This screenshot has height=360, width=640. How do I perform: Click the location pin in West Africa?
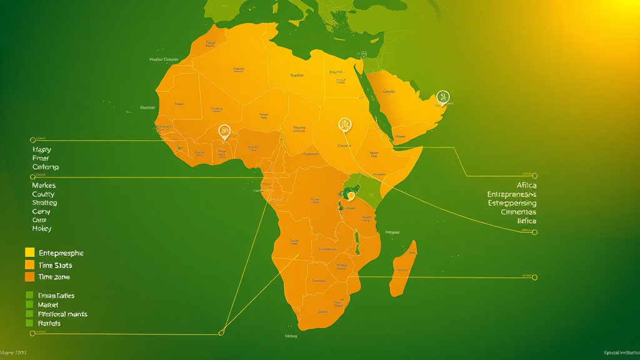(x=224, y=131)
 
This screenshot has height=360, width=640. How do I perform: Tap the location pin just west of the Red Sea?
(x=344, y=124)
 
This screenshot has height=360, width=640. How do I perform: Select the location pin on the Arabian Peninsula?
(x=443, y=97)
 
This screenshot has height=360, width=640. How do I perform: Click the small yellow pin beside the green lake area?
(x=351, y=196)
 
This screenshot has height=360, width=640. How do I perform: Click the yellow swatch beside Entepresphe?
(x=29, y=252)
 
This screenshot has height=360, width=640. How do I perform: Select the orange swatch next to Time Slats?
(x=29, y=265)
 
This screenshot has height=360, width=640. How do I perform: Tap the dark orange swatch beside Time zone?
(x=29, y=277)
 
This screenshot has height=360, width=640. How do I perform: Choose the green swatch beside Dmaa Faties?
(x=29, y=295)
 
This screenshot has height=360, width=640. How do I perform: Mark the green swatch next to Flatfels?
(x=29, y=323)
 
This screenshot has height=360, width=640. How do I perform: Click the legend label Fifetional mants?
(x=62, y=314)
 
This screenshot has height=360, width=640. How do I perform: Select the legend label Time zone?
(x=54, y=277)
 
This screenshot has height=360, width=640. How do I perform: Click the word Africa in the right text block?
(x=526, y=186)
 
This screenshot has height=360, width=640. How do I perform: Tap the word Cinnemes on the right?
(x=518, y=212)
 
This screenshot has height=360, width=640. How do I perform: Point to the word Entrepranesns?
(x=511, y=194)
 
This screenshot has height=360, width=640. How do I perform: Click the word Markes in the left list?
(x=44, y=186)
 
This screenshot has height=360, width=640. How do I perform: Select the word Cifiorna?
(x=46, y=167)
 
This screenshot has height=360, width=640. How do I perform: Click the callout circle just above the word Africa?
(x=534, y=176)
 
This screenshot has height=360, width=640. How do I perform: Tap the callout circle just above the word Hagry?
(x=32, y=139)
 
